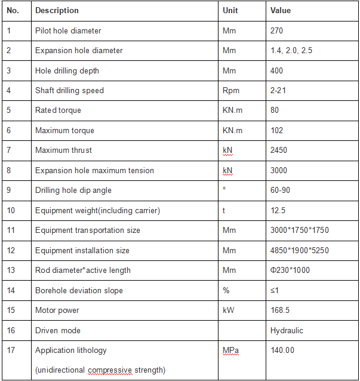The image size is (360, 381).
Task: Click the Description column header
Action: [57, 11]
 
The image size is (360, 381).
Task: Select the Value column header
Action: [281, 11]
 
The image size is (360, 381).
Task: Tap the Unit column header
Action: [230, 11]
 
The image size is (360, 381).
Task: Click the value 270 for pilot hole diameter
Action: [276, 30]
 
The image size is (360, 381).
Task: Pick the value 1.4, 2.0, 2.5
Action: [291, 51]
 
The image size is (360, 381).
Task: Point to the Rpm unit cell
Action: [230, 91]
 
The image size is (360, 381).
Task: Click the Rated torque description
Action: [58, 110]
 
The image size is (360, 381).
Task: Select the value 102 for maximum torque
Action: [276, 131]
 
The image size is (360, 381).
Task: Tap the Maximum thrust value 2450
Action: [279, 150]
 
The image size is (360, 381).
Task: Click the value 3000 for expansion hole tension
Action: [279, 171]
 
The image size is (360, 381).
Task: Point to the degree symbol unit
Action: [224, 189]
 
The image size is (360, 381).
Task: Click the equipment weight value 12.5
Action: [277, 211]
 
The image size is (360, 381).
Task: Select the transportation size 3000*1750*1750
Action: [300, 231]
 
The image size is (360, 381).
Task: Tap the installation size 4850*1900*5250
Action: [300, 251]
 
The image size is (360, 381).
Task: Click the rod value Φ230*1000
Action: [290, 271]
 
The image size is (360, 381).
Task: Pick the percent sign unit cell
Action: [226, 291]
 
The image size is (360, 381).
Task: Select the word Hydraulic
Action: [287, 331]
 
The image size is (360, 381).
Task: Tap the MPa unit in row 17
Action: [230, 351]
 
